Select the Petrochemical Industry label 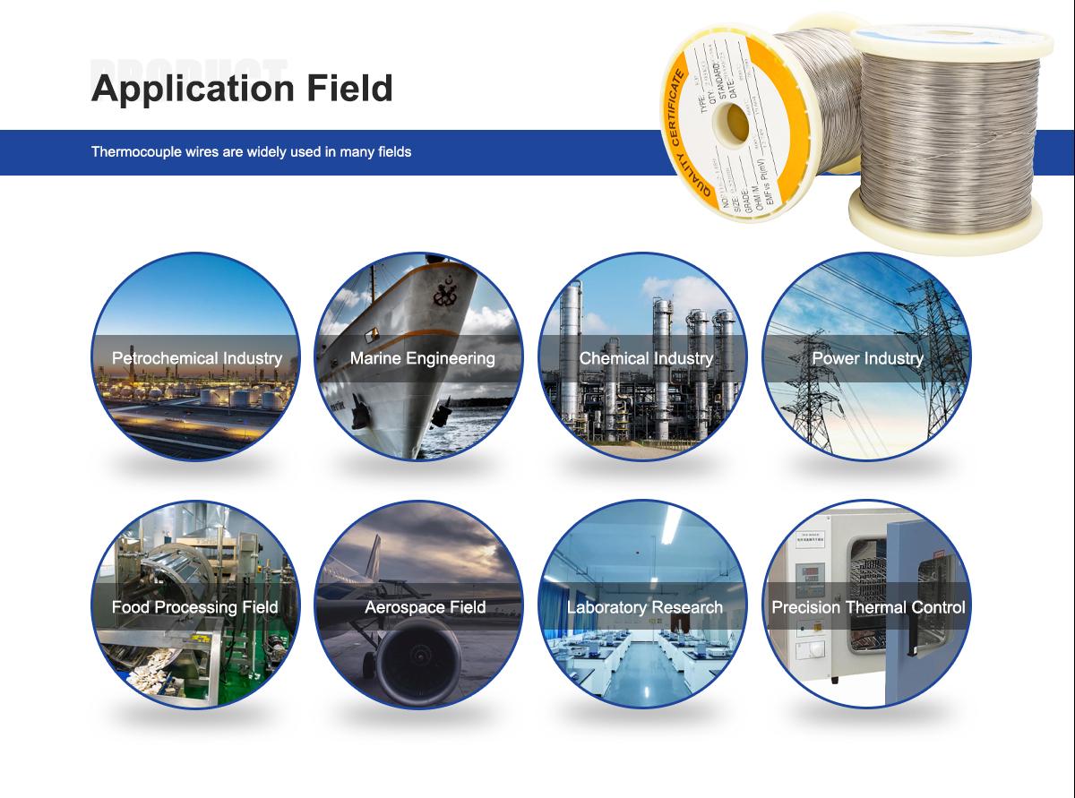[x=197, y=358]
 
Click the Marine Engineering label [x=422, y=358]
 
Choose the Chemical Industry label [x=646, y=358]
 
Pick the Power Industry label [x=867, y=358]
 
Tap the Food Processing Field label [x=195, y=607]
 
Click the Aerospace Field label [x=425, y=607]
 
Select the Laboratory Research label [x=645, y=607]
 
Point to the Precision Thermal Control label [x=868, y=607]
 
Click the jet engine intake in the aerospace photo [x=419, y=667]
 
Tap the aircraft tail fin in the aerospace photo [x=374, y=550]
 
